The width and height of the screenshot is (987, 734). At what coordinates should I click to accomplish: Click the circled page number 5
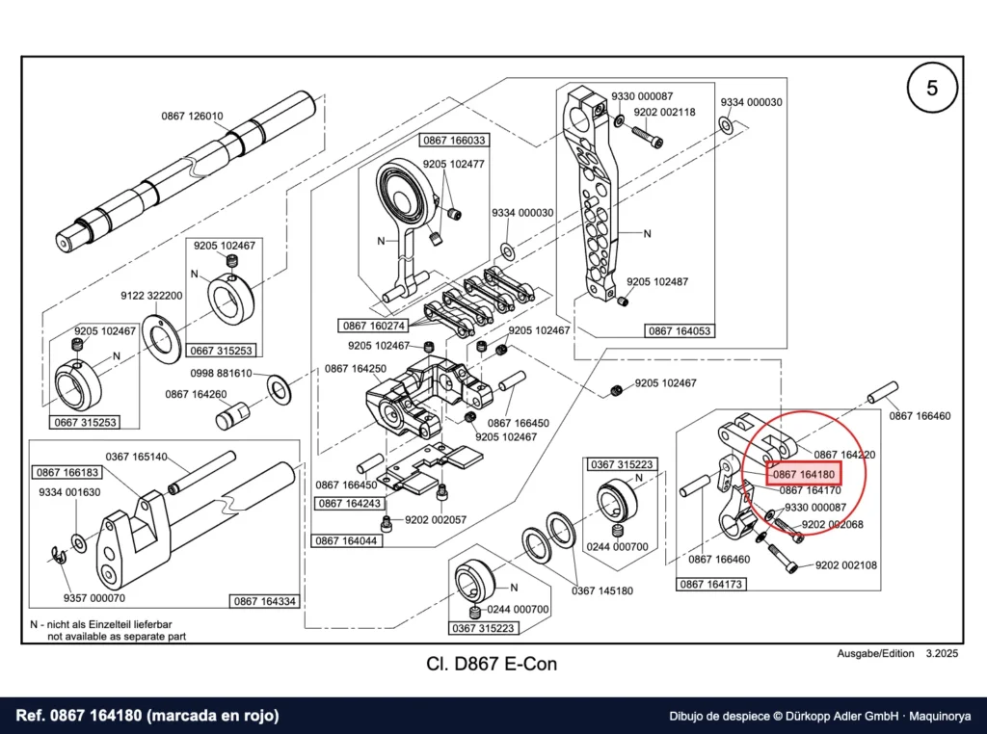(932, 88)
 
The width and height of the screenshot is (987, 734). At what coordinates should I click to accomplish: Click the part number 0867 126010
(192, 116)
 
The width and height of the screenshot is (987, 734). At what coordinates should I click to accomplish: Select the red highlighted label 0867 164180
(803, 474)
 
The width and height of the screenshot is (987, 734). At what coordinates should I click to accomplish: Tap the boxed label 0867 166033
(454, 141)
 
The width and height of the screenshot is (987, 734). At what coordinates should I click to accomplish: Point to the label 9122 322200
(151, 296)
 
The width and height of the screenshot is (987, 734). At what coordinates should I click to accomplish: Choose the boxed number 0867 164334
(264, 601)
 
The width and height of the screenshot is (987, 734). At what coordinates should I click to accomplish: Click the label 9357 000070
(94, 598)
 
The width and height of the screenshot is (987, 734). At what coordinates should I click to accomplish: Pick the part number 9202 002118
(665, 112)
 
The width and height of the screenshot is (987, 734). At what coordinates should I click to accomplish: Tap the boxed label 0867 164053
(680, 330)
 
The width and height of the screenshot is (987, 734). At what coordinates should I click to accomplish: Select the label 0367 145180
(602, 590)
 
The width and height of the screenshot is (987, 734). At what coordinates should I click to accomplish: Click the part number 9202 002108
(846, 564)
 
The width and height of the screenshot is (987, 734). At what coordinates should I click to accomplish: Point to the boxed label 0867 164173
(710, 585)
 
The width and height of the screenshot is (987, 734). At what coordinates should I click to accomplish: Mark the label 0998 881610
(221, 373)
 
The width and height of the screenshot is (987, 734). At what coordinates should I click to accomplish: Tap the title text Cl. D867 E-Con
(492, 664)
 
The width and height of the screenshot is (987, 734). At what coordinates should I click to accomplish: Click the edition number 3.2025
(942, 653)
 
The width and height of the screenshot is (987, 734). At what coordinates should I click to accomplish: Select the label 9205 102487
(657, 282)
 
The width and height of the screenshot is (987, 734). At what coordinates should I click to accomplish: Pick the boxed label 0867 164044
(346, 541)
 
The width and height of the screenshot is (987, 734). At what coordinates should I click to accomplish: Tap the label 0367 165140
(136, 457)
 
